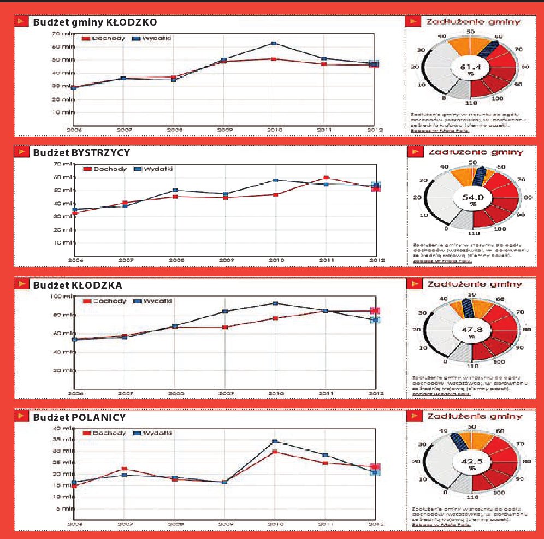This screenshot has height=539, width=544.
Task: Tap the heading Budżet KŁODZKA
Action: pyautogui.click(x=77, y=285)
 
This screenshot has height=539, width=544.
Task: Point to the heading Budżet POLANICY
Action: pyautogui.click(x=79, y=418)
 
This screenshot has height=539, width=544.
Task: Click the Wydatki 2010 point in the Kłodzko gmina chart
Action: pyautogui.click(x=274, y=43)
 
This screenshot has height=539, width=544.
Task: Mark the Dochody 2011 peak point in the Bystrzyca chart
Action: pyautogui.click(x=326, y=178)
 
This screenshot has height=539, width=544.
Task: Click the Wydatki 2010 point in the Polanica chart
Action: pyautogui.click(x=274, y=441)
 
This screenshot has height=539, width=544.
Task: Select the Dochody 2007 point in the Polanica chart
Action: pyautogui.click(x=124, y=469)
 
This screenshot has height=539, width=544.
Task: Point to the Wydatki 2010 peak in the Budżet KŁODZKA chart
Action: pyautogui.click(x=275, y=303)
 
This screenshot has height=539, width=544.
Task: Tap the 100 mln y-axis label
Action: pyautogui.click(x=61, y=297)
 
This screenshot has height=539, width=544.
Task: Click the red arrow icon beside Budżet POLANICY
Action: pyautogui.click(x=22, y=418)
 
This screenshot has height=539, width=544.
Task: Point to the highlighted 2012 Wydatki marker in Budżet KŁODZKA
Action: pyautogui.click(x=375, y=320)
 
